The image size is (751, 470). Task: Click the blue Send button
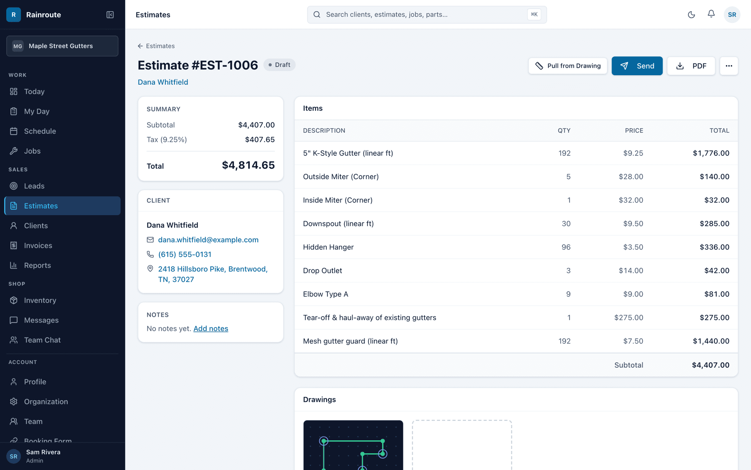(x=637, y=66)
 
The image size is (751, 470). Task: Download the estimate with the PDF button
(x=691, y=66)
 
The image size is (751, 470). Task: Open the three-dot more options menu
(x=729, y=66)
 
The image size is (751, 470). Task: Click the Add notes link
(x=211, y=328)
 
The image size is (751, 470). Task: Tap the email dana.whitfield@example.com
(x=208, y=240)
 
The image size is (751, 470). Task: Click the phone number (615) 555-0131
(x=185, y=254)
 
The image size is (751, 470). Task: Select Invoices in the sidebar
(x=38, y=246)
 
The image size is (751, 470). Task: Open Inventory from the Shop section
(x=40, y=300)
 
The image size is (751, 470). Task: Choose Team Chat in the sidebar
(x=42, y=340)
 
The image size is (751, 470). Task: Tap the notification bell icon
(x=711, y=14)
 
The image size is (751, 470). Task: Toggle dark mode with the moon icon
(x=691, y=15)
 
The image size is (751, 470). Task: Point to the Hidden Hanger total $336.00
(x=714, y=247)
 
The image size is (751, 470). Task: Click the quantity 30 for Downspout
(x=566, y=224)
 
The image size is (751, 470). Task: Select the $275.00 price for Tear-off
(x=629, y=318)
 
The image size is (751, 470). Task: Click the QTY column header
(x=564, y=131)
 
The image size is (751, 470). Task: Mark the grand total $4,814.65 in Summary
(x=248, y=165)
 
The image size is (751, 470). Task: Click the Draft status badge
(x=279, y=65)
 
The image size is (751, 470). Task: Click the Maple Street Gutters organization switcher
(x=62, y=46)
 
